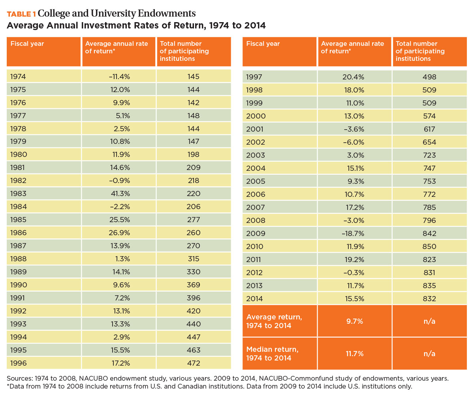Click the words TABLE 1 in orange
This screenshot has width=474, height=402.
[x=21, y=14]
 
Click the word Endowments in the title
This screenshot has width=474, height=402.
[x=167, y=13]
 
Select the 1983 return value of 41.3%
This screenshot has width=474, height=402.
[x=120, y=194]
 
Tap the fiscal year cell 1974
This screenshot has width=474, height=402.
[x=18, y=76]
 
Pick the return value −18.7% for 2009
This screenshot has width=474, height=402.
[x=353, y=233]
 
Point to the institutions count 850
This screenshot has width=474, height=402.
[x=429, y=246]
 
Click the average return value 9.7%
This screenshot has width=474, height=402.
[x=355, y=321]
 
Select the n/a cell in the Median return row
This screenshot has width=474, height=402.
[x=429, y=353]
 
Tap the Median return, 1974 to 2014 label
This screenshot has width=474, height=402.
[x=273, y=354]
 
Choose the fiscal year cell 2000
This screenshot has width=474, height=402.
[x=256, y=116]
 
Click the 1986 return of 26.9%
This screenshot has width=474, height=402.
[x=119, y=233]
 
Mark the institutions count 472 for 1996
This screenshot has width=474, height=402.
[x=194, y=363]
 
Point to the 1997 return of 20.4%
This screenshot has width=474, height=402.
[x=353, y=77]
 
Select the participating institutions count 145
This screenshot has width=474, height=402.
[x=193, y=76]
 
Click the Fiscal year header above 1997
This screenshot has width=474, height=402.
[x=263, y=43]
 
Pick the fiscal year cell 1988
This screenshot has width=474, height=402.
[x=18, y=259]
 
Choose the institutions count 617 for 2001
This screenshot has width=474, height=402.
[x=429, y=129]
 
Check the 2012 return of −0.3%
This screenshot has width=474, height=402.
[x=354, y=273]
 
